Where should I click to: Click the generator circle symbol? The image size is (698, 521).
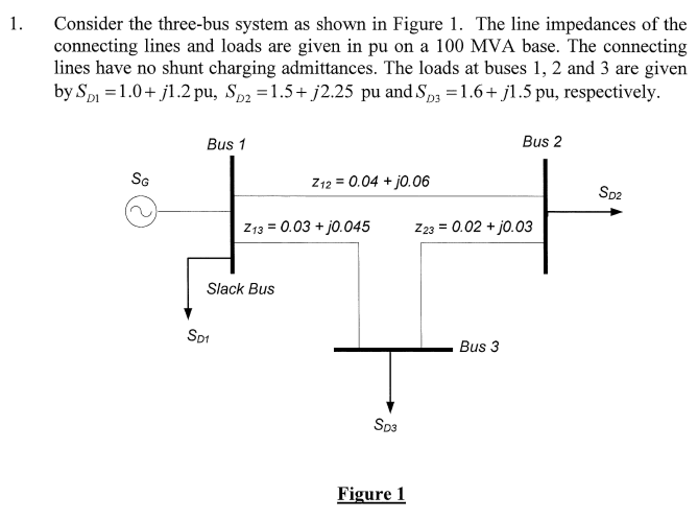point(141,211)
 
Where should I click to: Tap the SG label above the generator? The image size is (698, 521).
point(140,179)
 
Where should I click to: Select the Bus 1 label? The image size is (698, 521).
point(226,144)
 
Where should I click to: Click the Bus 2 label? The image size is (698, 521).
point(542,142)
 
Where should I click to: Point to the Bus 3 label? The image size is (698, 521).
point(479,347)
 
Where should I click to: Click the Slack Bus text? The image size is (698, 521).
point(240,289)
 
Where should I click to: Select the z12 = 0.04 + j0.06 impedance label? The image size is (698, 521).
point(370,182)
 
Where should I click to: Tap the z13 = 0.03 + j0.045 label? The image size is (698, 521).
point(306,227)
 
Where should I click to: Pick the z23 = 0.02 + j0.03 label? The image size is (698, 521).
point(473,227)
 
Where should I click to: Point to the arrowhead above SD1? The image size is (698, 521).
point(188,313)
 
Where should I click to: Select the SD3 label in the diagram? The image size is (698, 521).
point(385,425)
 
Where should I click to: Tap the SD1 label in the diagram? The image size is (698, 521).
point(198,336)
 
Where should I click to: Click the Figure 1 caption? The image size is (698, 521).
point(371,494)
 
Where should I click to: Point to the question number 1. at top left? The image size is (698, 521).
point(16,24)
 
